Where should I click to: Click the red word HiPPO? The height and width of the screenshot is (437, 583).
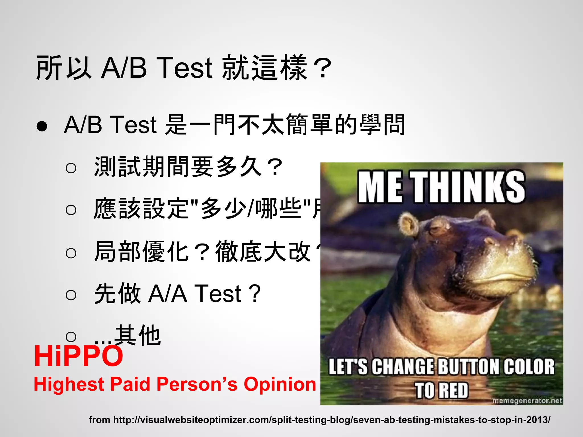[78, 356]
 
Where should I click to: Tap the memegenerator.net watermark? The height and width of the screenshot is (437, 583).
[527, 401]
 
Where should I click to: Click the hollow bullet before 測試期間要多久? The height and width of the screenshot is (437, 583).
[71, 168]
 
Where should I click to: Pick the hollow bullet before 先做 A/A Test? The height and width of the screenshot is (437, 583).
[71, 295]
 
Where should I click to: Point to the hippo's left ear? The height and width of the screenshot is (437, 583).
[408, 225]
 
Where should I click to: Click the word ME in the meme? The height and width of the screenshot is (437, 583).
[380, 187]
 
